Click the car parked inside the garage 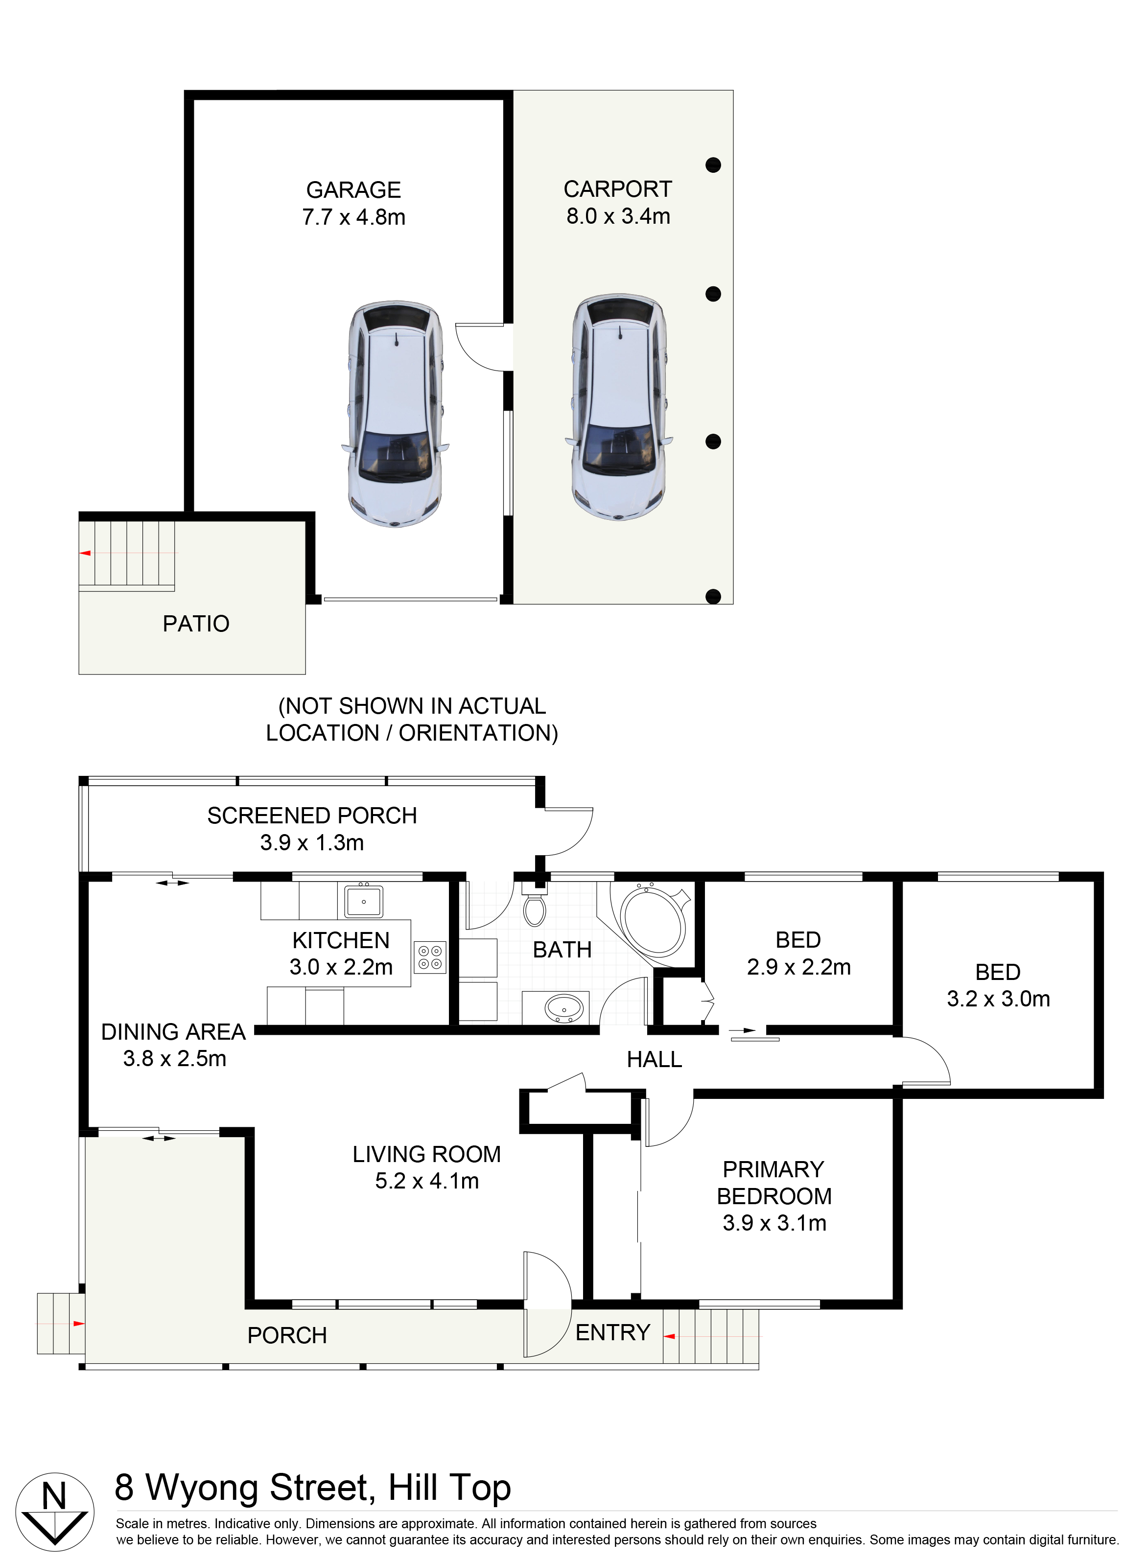tap(395, 414)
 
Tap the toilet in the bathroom tap(535, 905)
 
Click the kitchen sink tap(363, 902)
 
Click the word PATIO tap(196, 624)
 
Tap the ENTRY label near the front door tap(613, 1332)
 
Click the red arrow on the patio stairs tap(86, 553)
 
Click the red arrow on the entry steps tap(669, 1337)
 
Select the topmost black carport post tap(713, 165)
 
